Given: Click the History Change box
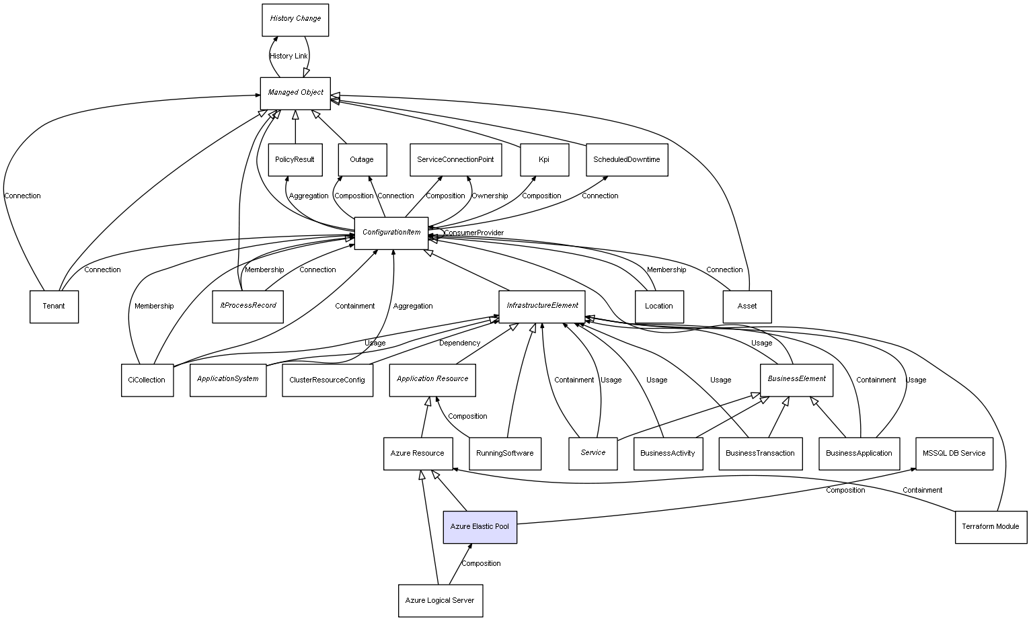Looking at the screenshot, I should pos(295,19).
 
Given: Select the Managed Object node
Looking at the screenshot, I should pos(295,93).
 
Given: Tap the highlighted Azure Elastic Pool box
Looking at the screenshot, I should pos(480,527).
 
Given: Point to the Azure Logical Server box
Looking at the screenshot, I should pos(440,600).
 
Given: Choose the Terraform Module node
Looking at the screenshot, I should pos(991,527).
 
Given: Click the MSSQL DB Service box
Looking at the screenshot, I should pos(954,454).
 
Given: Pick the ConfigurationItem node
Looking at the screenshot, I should pos(391,233).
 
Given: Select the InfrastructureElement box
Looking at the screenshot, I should pos(542,306).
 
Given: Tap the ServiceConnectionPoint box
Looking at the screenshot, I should pos(455,160).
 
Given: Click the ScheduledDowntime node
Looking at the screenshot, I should pos(626,160).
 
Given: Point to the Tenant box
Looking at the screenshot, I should pos(54,306).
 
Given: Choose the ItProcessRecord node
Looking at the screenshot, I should pos(248,306).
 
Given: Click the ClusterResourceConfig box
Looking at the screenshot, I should pos(327,380).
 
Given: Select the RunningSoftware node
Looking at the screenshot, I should pos(504,454).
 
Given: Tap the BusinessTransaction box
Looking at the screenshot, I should pos(760,454).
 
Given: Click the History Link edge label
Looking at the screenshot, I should pos(289,56).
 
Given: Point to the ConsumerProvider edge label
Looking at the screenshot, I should pos(473,233).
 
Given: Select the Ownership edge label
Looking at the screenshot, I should pos(490,196).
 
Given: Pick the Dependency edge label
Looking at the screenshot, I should pos(459,343).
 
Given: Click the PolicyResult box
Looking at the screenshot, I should pos(295,160).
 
